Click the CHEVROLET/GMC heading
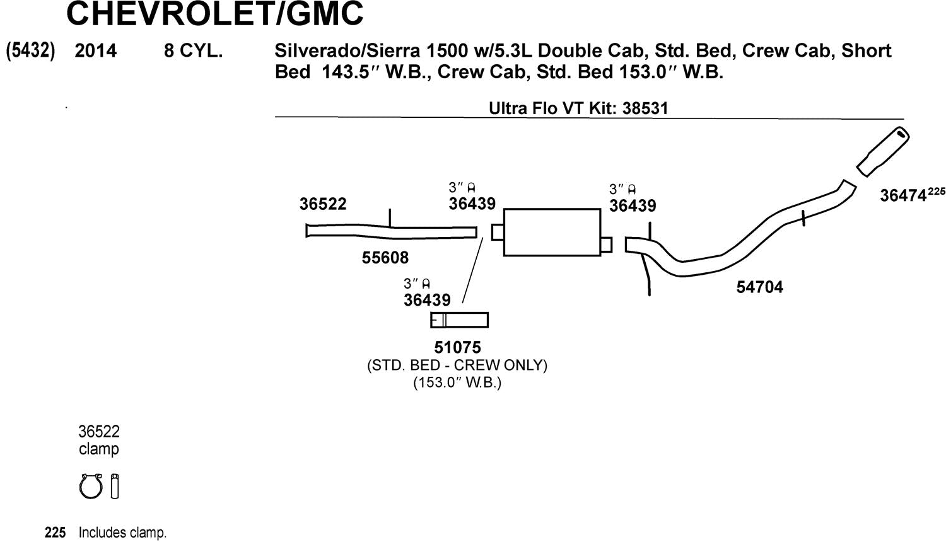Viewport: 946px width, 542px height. [x=214, y=14]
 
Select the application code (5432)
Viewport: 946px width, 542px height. [x=30, y=50]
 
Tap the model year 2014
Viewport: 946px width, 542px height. [x=95, y=50]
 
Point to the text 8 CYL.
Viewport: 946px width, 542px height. [x=193, y=50]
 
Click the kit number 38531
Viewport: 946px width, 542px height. [x=645, y=108]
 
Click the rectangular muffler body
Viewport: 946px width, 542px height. [x=552, y=232]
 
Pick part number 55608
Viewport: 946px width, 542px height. [x=385, y=257]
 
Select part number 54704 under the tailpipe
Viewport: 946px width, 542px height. [x=759, y=287]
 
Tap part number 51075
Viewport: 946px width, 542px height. [x=457, y=347]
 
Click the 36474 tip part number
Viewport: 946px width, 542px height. [x=903, y=196]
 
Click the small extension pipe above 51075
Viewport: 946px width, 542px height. [x=459, y=320]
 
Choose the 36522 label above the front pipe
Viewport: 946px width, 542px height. [x=323, y=204]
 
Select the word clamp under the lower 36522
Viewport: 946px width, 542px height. [x=98, y=449]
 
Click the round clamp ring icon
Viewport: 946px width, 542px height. [x=91, y=487]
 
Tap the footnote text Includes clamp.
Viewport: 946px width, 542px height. [x=122, y=533]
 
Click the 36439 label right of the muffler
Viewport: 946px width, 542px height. [x=633, y=205]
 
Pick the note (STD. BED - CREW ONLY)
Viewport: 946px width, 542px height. [x=457, y=365]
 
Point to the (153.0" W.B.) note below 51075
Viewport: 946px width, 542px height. [x=457, y=382]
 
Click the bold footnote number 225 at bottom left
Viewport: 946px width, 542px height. [x=55, y=533]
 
